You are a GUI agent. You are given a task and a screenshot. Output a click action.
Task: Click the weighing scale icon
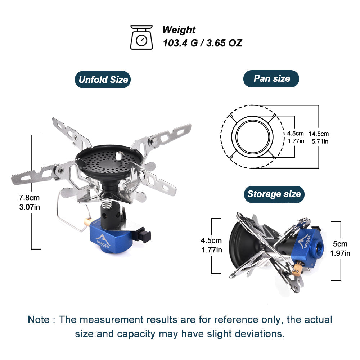pos(141,37)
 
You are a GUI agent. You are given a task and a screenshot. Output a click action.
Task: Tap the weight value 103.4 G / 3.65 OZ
pos(202,43)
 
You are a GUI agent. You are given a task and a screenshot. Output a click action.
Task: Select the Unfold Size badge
pos(103,80)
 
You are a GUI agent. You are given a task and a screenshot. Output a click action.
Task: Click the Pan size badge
pos(271,78)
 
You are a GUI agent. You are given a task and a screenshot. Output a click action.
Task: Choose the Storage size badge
pos(274,194)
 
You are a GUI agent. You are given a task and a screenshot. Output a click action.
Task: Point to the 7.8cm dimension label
pos(29,198)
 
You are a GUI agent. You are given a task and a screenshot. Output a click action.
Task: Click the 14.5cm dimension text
pos(319,134)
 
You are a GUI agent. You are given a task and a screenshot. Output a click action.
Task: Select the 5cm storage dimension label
pos(340,244)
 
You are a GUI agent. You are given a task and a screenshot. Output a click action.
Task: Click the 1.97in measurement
pos(340,253)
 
